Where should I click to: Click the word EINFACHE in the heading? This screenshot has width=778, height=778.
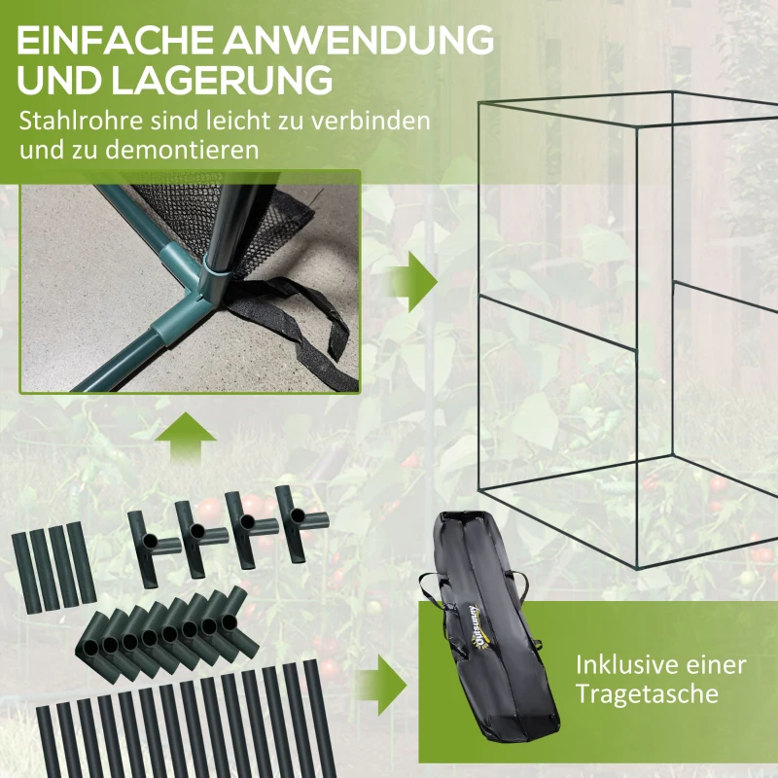[x=115, y=40]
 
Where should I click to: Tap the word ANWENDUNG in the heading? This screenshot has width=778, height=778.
[x=358, y=40]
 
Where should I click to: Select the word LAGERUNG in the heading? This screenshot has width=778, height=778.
[x=221, y=80]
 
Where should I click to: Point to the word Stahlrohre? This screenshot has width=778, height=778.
[x=81, y=121]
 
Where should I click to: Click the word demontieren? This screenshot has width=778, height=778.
[x=182, y=150]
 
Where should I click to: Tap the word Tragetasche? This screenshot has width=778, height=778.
[x=647, y=694]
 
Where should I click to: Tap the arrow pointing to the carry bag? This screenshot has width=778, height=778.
[x=382, y=685]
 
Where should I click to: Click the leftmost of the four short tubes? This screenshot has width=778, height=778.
[x=27, y=573]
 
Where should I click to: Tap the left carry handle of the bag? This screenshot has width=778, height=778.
[x=431, y=592]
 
